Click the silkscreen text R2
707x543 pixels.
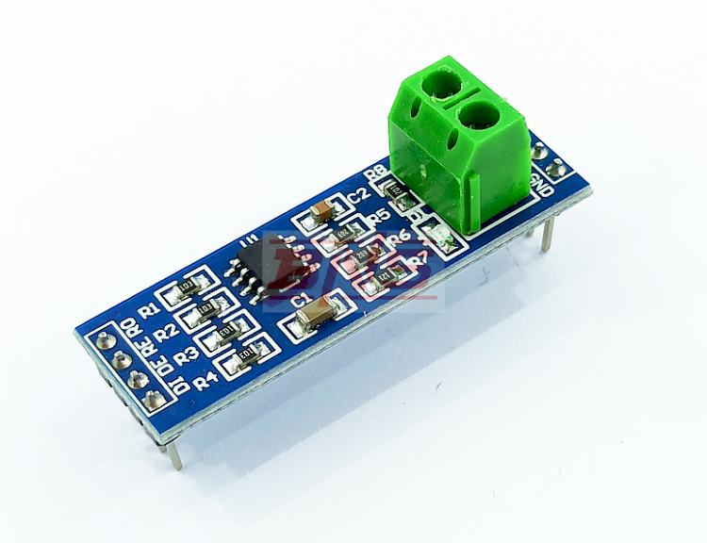[166, 332]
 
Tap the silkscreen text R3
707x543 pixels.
[186, 356]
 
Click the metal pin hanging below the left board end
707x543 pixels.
[175, 453]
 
